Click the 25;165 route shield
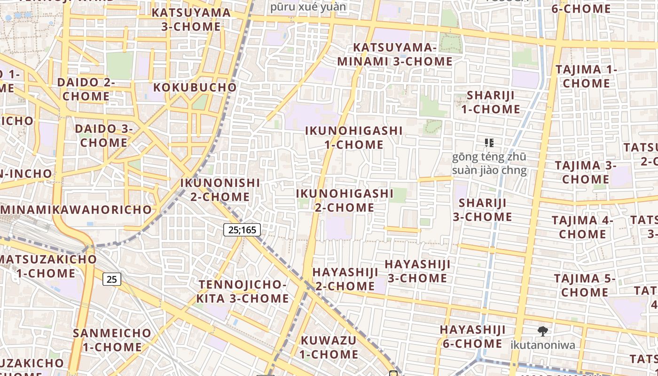pos(242,230)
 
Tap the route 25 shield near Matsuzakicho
pos(112,280)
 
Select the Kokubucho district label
pos(195,87)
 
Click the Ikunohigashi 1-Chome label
pos(354,138)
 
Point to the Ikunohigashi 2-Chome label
pos(345,200)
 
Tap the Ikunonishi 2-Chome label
pos(220,189)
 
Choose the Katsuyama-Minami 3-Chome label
pos(395,55)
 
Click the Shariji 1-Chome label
pos(490,102)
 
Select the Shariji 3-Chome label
pos(482,210)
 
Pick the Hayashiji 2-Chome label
pos(345,279)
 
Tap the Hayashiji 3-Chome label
pos(417,271)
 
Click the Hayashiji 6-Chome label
pos(472,337)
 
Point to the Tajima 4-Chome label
pos(582,227)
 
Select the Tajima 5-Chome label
pos(585,285)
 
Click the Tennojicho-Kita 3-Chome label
pos(243,291)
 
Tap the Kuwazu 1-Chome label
pos(329,347)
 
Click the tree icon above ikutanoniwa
pos(543,331)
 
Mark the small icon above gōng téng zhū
pos(489,142)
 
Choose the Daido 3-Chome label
pos(104,135)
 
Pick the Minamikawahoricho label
pos(76,210)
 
